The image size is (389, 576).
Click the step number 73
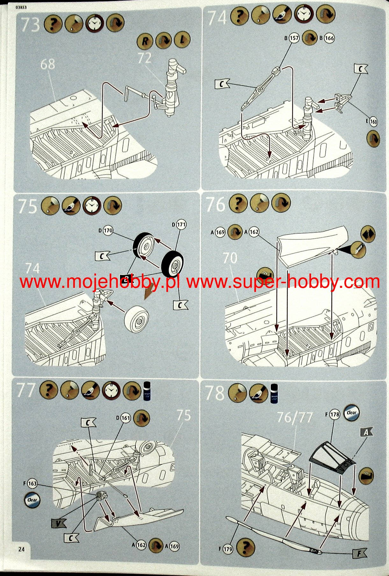[x=30, y=25]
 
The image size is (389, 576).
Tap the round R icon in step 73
[x=145, y=40]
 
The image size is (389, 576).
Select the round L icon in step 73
[x=182, y=40]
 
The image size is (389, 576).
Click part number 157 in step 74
[x=294, y=38]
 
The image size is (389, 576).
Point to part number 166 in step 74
[x=329, y=38]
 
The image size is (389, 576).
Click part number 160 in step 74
[x=373, y=121]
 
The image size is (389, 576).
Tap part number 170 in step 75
[x=108, y=231]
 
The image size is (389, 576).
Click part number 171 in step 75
[x=181, y=224]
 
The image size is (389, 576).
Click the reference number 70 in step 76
[x=230, y=258]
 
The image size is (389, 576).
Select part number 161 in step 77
[x=126, y=418]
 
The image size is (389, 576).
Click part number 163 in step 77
[x=32, y=483]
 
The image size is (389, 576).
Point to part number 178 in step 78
[x=335, y=414]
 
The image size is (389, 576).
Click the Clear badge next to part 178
[x=351, y=413]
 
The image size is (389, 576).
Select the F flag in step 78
[x=359, y=554]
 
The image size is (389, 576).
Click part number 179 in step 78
[x=228, y=549]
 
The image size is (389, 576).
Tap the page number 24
[x=21, y=549]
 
